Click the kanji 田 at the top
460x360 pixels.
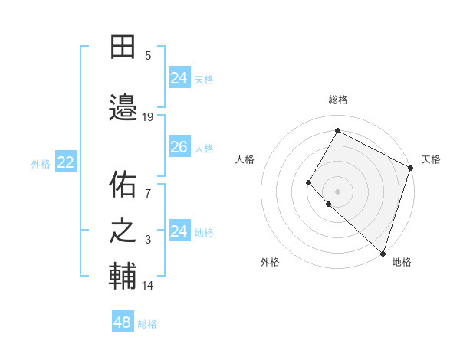click(x=123, y=47)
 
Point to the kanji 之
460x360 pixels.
click(x=123, y=231)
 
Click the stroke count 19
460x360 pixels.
click(x=148, y=117)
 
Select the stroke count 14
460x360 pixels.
click(x=148, y=286)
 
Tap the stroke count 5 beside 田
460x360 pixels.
click(x=148, y=55)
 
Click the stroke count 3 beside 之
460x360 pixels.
click(x=148, y=241)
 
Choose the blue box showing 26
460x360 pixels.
click(x=179, y=147)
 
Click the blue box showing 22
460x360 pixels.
click(x=65, y=162)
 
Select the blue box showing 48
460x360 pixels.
click(x=123, y=322)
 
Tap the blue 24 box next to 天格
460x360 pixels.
click(x=179, y=78)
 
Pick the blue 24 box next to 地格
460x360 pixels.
click(x=179, y=231)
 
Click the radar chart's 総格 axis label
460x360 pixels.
click(x=338, y=100)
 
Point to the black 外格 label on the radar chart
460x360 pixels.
click(x=270, y=262)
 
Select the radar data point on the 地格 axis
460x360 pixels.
click(x=383, y=253)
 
